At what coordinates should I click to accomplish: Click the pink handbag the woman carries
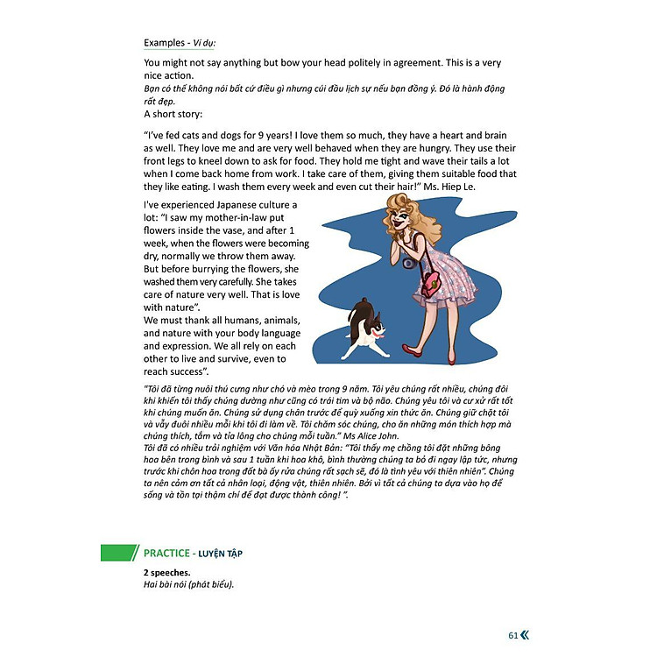tap(430, 283)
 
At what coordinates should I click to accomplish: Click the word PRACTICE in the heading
tap(166, 553)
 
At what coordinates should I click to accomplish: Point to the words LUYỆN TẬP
tap(221, 553)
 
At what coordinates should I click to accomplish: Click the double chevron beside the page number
tap(526, 636)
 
